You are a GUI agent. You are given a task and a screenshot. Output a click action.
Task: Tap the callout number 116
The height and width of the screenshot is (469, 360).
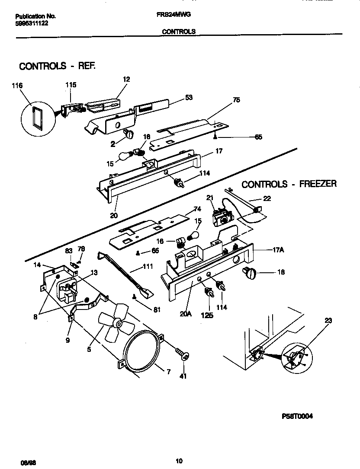[17, 86]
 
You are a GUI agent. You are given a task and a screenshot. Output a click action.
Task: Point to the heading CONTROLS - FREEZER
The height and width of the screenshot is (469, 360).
[289, 184]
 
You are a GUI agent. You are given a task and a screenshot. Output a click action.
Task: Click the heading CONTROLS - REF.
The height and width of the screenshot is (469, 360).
[57, 66]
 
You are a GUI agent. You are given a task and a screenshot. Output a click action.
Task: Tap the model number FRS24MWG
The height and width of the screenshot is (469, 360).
[174, 14]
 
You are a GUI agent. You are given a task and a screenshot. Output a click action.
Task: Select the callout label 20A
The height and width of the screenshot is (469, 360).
[185, 315]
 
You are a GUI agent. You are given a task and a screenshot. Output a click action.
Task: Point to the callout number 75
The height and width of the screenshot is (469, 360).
[236, 99]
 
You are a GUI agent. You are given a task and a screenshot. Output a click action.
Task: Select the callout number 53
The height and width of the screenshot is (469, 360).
[189, 97]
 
